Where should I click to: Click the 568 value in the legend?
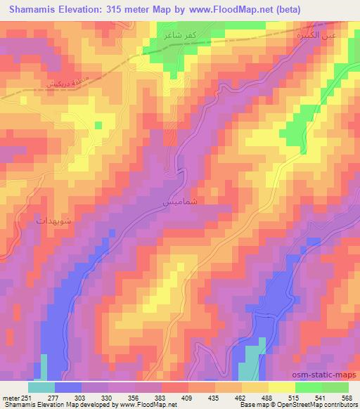[346, 398]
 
